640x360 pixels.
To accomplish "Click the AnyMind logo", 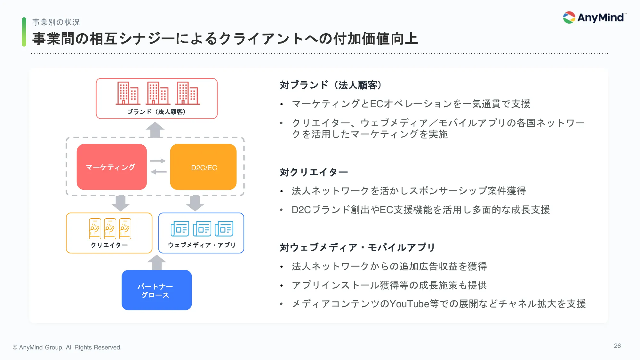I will click(594, 18).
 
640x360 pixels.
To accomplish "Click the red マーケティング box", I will click(112, 167).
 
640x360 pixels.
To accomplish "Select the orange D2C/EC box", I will click(204, 167).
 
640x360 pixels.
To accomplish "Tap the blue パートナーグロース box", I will click(156, 290).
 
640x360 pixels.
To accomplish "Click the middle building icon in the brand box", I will click(158, 93).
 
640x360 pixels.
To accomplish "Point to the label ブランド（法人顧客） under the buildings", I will click(156, 112).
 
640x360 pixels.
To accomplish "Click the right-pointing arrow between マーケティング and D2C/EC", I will click(158, 161).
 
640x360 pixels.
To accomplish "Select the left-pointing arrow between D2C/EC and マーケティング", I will click(158, 172).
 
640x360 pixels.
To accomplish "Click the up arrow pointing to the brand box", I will click(155, 130).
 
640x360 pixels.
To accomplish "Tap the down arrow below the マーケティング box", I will click(120, 203).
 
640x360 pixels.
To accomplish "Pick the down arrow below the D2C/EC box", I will click(195, 203).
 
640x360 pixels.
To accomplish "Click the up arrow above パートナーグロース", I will click(156, 262).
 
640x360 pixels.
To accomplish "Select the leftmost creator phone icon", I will click(95, 228).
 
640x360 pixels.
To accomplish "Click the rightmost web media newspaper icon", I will click(224, 228).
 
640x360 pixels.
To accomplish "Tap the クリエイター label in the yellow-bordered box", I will click(109, 245).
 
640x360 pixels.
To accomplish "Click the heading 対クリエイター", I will click(314, 172).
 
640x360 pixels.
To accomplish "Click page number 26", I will click(617, 346).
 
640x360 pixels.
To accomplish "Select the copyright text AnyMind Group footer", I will click(67, 347).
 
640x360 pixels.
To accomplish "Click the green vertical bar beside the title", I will click(24, 32).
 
